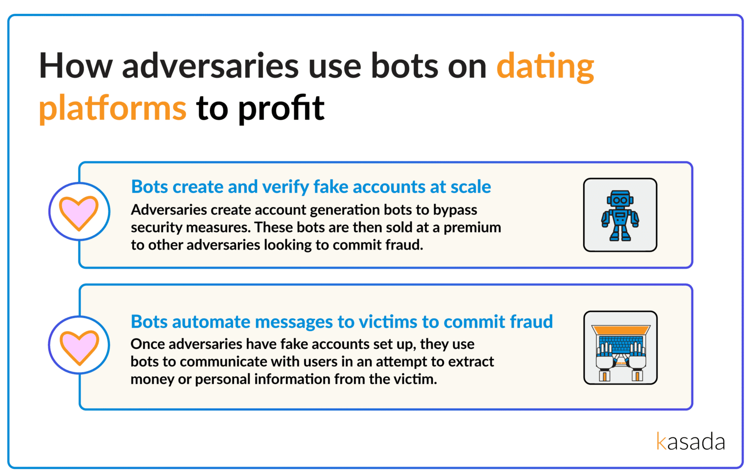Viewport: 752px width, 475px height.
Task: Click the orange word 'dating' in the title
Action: [x=545, y=67]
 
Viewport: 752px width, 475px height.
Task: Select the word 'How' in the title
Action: [x=76, y=66]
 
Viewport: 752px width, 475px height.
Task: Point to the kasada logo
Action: [x=691, y=441]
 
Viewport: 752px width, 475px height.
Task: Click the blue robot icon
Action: [x=620, y=215]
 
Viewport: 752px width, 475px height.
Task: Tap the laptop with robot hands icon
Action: [x=620, y=347]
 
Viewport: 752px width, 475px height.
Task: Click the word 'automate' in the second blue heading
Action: [x=211, y=322]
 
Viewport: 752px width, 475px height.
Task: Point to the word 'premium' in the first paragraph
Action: [x=472, y=228]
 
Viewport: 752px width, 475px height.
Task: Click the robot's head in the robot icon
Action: [x=620, y=200]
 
